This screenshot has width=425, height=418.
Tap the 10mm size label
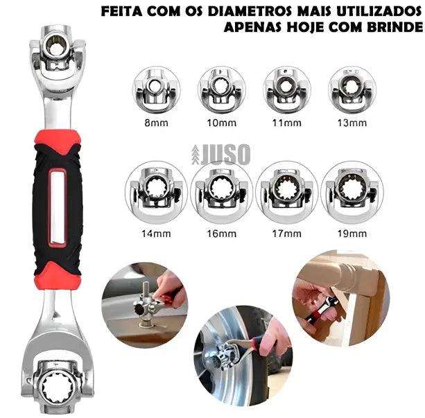point(221,123)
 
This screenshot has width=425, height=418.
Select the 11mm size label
point(286,123)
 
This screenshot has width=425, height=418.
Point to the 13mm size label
point(351,123)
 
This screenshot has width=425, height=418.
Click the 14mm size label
point(157,234)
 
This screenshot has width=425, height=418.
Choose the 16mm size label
point(221,234)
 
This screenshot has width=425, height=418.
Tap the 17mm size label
point(286,234)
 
